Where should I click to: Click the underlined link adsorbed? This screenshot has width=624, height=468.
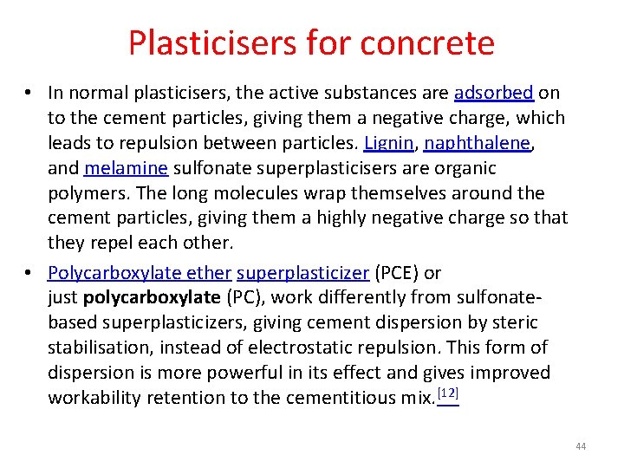[x=493, y=93]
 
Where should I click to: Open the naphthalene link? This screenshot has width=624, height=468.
[x=477, y=143]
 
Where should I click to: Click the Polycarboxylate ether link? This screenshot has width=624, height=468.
[x=140, y=273]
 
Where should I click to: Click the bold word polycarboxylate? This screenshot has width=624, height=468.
[x=153, y=298]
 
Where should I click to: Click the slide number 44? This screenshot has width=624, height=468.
[x=581, y=446]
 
